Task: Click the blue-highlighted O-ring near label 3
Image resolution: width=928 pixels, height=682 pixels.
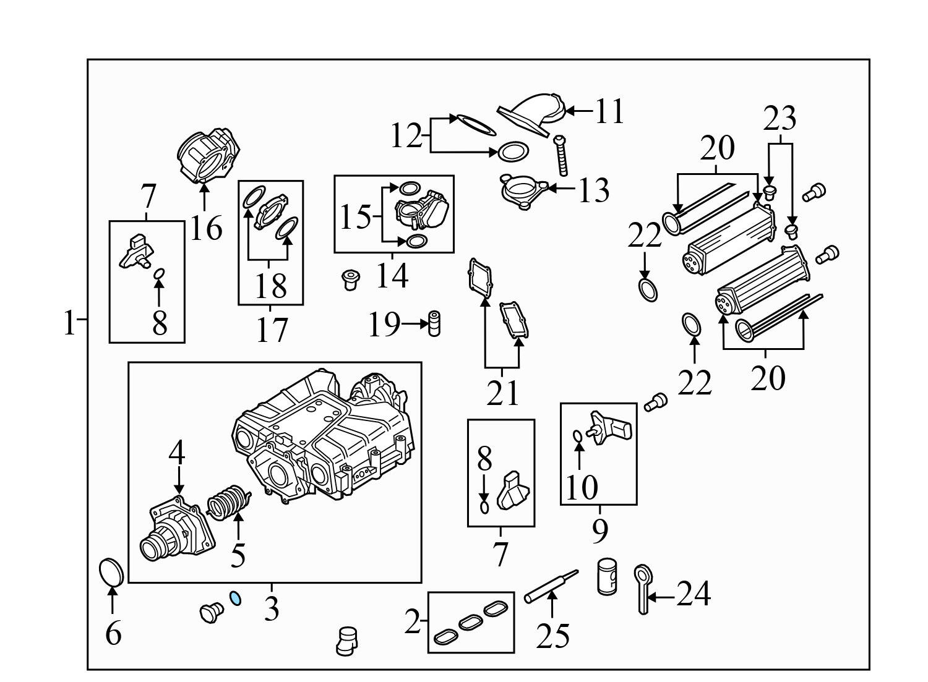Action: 236,598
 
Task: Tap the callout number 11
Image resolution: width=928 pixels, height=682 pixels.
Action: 609,112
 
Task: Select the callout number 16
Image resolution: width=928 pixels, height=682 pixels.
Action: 206,229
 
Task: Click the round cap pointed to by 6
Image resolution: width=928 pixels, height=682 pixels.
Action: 111,572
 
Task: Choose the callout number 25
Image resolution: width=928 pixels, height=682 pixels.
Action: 552,635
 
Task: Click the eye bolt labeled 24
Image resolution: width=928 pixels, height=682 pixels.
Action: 642,587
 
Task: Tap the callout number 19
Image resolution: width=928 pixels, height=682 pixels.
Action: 384,324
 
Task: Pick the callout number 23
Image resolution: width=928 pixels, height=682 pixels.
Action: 780,119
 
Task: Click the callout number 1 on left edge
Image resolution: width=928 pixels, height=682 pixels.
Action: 69,323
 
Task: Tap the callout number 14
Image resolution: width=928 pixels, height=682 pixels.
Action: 392,275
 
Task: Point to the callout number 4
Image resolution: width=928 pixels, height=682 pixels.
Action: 177,453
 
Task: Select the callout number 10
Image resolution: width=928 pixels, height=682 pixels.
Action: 582,487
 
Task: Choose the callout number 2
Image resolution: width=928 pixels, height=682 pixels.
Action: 412,623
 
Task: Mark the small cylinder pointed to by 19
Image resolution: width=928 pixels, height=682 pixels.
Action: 434,323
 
